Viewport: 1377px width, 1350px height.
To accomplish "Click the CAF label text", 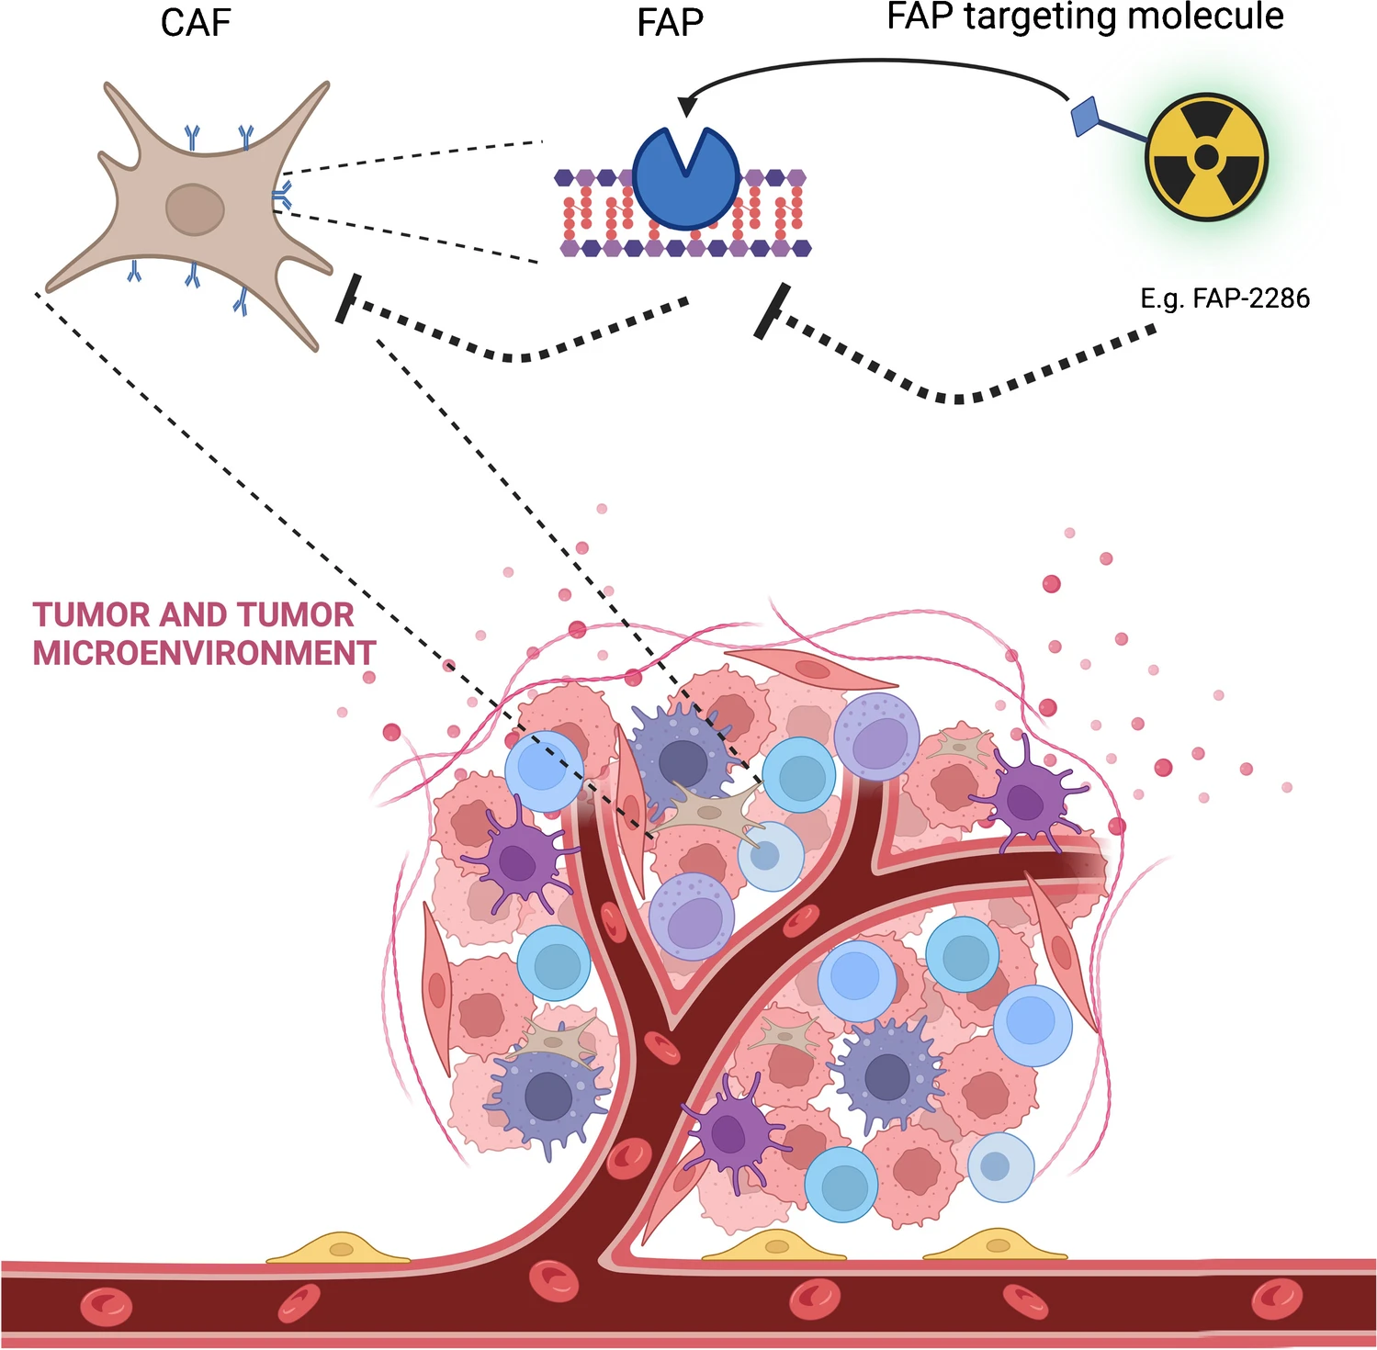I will point(195,23).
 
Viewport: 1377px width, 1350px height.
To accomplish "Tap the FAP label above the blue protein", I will point(670,23).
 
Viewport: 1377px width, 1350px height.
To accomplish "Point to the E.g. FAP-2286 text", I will point(1225,298).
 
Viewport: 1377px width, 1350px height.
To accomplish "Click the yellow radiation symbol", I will point(1206,157).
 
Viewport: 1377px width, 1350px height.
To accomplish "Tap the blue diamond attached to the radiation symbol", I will point(1085,117).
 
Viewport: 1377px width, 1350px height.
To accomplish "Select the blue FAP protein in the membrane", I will point(685,179).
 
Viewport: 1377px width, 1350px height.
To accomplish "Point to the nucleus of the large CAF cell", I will point(195,209).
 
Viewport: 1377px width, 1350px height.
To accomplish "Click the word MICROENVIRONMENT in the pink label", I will point(204,653).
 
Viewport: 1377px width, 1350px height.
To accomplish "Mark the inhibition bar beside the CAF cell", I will point(346,298).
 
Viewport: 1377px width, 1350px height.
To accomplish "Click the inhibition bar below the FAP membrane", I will point(772,311).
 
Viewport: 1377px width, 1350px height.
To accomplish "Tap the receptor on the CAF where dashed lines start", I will point(282,195).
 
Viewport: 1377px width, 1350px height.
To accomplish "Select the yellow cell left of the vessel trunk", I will point(339,1249).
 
